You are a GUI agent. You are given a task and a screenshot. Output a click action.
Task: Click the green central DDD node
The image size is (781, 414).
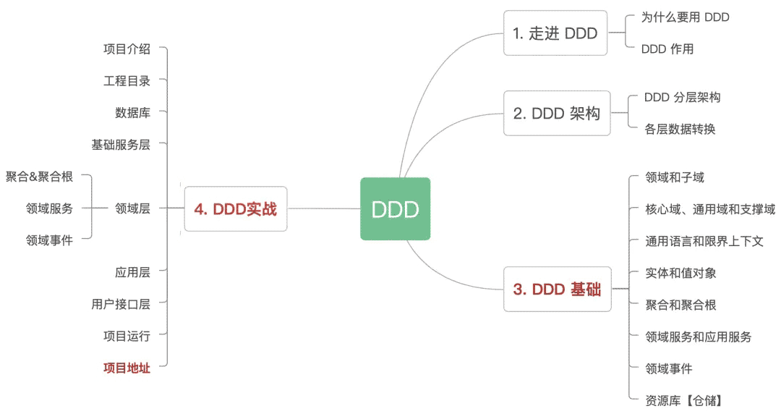click(395, 208)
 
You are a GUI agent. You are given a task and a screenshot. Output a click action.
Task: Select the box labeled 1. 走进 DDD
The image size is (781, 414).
click(555, 33)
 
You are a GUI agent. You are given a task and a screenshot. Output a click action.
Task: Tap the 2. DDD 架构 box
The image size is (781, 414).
click(557, 113)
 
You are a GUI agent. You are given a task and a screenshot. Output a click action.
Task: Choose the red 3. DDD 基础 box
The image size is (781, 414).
click(558, 290)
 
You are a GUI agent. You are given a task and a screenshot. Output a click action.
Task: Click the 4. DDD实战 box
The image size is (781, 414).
click(236, 209)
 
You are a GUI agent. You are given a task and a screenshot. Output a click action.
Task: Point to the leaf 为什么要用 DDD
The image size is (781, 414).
click(685, 17)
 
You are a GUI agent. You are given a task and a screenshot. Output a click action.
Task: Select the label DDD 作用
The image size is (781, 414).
click(667, 49)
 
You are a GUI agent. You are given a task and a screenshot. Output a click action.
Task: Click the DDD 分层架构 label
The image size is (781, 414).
click(683, 97)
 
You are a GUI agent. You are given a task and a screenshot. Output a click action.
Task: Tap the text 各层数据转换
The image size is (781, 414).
click(680, 129)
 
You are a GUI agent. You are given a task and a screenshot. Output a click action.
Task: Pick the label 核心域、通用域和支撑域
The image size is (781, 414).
click(710, 209)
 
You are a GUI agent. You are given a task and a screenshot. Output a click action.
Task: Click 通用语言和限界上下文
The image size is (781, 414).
click(704, 242)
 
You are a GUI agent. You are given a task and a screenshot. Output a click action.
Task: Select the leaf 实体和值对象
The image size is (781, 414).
click(680, 274)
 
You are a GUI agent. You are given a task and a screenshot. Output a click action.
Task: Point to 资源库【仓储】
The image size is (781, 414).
click(683, 400)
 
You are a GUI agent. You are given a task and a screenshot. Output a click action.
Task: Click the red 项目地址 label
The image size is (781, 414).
click(127, 368)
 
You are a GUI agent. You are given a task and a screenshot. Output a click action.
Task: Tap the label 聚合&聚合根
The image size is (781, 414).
click(39, 177)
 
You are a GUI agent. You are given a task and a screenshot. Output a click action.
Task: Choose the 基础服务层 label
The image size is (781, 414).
click(121, 145)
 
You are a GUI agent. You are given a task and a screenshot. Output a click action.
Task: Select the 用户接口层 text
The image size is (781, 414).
click(121, 304)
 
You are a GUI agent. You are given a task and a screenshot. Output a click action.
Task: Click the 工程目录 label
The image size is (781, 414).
click(127, 81)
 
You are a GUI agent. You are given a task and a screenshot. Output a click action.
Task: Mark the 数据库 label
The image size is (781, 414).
click(132, 113)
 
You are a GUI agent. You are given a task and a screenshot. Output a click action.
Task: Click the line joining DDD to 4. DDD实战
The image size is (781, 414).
click(324, 208)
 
